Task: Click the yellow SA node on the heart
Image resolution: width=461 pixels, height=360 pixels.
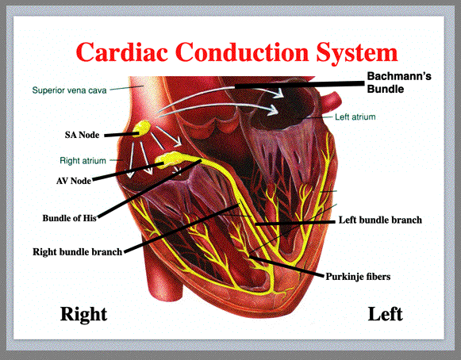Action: (x=141, y=128)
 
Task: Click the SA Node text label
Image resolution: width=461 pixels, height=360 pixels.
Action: (x=82, y=135)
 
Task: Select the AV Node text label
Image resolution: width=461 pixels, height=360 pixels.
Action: (x=74, y=181)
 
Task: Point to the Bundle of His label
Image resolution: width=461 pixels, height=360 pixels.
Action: (x=69, y=218)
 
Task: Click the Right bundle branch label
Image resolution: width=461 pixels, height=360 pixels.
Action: (x=77, y=252)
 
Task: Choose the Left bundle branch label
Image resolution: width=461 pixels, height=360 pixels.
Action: (x=380, y=220)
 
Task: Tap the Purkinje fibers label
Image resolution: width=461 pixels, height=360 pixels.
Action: (x=358, y=277)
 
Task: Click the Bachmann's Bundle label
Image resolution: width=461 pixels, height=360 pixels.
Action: (x=399, y=82)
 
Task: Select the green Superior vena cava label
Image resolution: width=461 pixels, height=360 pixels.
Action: (x=69, y=90)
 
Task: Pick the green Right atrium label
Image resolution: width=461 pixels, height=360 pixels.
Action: (x=83, y=161)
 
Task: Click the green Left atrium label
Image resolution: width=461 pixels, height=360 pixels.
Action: (x=355, y=117)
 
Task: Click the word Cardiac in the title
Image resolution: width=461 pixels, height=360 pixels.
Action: (x=121, y=52)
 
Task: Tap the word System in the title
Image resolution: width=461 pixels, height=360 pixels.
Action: (x=356, y=52)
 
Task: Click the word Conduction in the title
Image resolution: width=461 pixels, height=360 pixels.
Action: (x=242, y=52)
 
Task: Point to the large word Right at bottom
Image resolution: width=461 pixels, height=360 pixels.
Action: (x=83, y=315)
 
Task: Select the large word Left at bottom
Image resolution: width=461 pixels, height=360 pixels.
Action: (x=385, y=314)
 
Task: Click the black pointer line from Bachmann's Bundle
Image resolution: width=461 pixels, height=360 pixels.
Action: (x=300, y=85)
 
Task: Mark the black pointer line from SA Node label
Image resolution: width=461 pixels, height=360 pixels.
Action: (x=121, y=135)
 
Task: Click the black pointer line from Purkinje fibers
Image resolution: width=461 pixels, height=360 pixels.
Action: (x=286, y=266)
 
